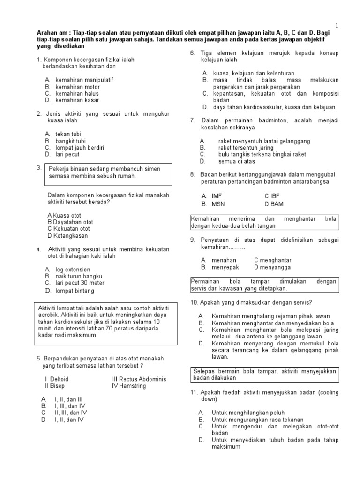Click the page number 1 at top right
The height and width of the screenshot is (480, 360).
coord(337,25)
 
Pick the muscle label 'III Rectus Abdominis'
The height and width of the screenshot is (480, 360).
coord(139,379)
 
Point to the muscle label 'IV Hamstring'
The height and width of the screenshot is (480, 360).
coord(129,386)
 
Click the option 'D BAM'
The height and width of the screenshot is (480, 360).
coord(274,204)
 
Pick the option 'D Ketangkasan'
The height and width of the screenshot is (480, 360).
coord(67,236)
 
